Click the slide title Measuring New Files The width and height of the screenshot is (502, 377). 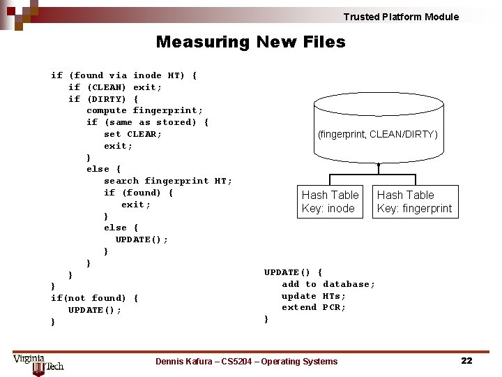coord(250,42)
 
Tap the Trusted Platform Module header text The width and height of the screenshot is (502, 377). coord(401,17)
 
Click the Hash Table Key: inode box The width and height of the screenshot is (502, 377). coord(330,202)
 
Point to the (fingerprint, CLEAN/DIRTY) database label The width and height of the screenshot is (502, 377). coord(378,134)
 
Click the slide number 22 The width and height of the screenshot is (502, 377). coord(466,360)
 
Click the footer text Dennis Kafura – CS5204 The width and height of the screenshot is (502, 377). coord(246,362)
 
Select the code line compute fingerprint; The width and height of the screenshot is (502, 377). coord(144,110)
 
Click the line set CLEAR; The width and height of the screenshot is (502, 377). coord(132,134)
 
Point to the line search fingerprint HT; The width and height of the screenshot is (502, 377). coord(167,181)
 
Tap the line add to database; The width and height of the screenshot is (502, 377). coord(328,284)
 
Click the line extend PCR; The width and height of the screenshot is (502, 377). coord(313,307)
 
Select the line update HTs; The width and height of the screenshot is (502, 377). coord(313,296)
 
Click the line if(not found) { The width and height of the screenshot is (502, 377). coord(94,298)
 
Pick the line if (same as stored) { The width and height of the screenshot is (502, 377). coord(147,122)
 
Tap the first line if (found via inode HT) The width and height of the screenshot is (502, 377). coord(123,75)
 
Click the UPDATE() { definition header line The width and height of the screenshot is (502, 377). coord(293,272)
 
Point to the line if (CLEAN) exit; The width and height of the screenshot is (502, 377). coord(115,87)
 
